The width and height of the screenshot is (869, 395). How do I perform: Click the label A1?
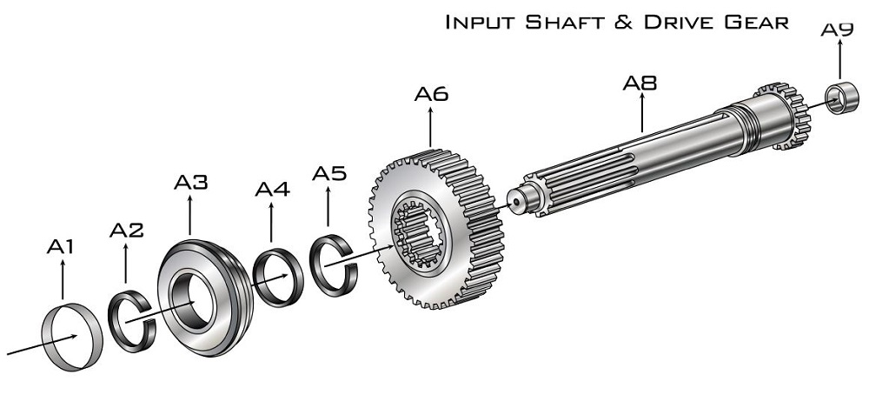pyautogui.click(x=61, y=246)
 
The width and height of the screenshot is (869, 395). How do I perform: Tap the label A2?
pyautogui.click(x=126, y=230)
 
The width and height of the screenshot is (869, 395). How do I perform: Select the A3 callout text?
pyautogui.click(x=190, y=182)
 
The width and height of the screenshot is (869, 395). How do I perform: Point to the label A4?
pyautogui.click(x=272, y=189)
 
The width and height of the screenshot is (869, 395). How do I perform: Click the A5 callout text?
pyautogui.click(x=329, y=174)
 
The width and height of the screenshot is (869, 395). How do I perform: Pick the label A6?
pyautogui.click(x=431, y=94)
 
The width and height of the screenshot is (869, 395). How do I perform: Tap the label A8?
pyautogui.click(x=640, y=83)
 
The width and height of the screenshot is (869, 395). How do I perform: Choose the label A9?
pyautogui.click(x=837, y=30)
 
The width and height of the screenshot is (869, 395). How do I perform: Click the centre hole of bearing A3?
pyautogui.click(x=189, y=299)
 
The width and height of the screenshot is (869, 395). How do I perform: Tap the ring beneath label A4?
pyautogui.click(x=257, y=278)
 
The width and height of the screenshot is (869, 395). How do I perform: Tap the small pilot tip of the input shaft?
pyautogui.click(x=515, y=201)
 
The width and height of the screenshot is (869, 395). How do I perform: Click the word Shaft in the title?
pyautogui.click(x=576, y=23)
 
